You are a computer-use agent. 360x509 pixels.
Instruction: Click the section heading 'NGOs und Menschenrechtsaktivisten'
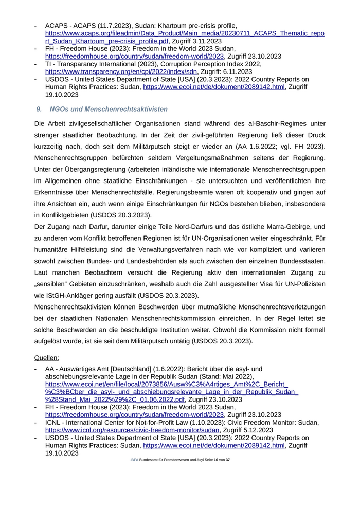[x=108, y=109]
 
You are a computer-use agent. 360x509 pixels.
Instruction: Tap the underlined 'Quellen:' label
[x=46, y=357]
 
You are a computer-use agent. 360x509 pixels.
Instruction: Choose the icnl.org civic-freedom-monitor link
[x=132, y=430]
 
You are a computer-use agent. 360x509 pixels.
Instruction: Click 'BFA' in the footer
[x=135, y=459]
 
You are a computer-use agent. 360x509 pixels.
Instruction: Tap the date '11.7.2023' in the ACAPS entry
[x=111, y=26]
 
